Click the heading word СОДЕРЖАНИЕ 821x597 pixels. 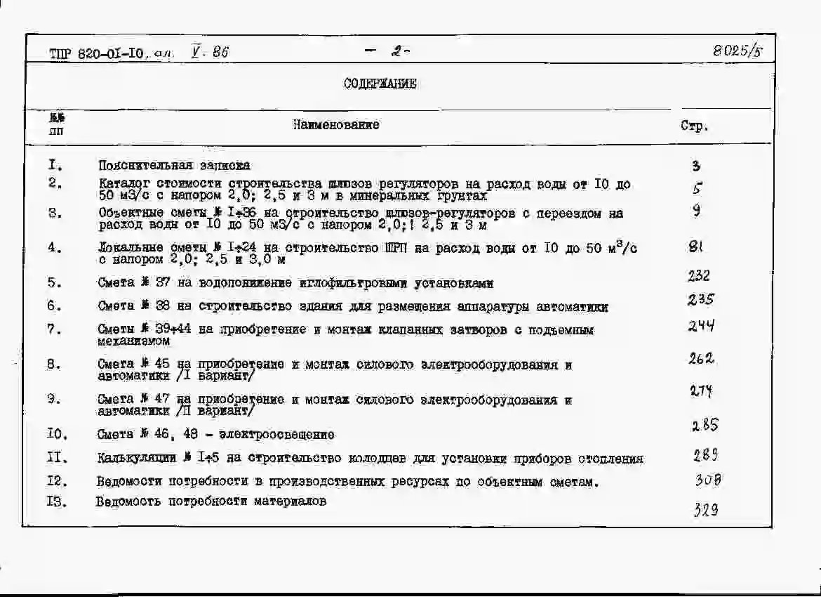[380, 84]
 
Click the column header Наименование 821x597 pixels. [336, 125]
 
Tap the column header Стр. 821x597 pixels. [694, 127]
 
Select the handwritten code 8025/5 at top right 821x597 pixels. [737, 51]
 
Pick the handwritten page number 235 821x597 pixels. [700, 300]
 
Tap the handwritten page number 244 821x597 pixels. [701, 326]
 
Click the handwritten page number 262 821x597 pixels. [701, 358]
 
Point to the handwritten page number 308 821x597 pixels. [708, 480]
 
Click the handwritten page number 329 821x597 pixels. [705, 511]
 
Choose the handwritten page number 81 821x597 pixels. [695, 247]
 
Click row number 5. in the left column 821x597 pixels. [55, 283]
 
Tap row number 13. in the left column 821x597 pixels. [57, 502]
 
